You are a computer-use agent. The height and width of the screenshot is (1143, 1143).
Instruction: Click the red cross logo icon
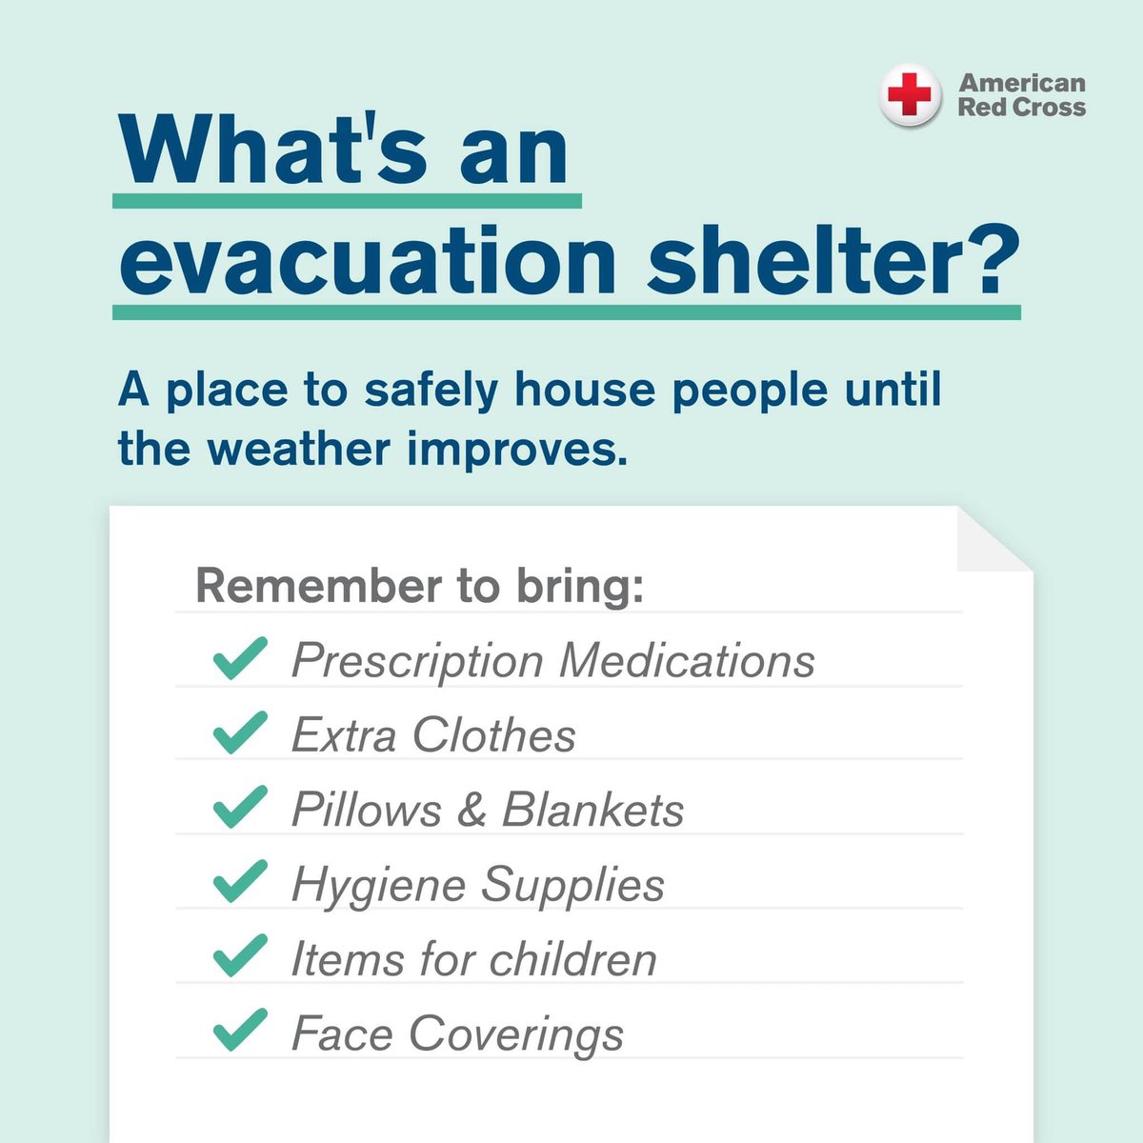coord(910,95)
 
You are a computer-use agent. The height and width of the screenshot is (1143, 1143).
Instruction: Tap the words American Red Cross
coord(1021,95)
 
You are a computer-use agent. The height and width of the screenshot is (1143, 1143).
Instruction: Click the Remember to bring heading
coord(420,586)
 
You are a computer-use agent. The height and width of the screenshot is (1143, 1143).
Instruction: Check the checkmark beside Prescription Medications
coord(240,659)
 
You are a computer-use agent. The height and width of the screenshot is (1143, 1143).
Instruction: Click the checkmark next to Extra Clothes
coord(240,733)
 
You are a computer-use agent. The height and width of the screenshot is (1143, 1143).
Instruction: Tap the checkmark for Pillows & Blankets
coord(240,808)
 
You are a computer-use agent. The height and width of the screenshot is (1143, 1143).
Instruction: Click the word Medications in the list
coord(687,661)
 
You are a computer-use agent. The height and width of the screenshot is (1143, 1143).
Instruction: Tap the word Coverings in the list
coord(516,1034)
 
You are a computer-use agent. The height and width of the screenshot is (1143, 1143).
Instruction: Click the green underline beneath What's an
coord(347,201)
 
